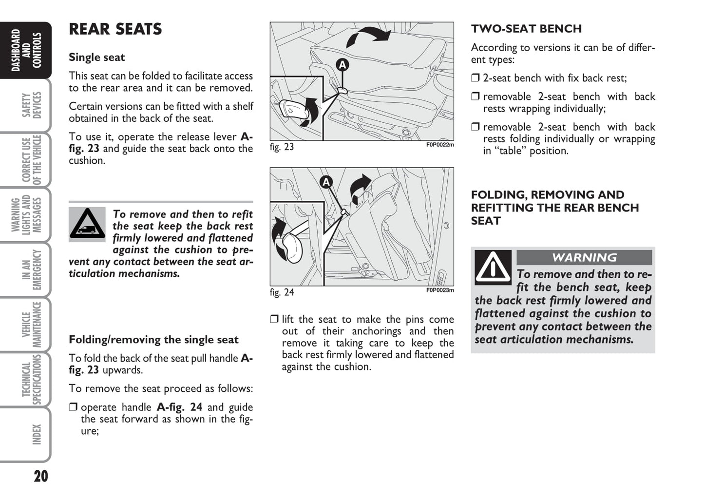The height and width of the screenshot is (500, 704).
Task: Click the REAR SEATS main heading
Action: click(115, 29)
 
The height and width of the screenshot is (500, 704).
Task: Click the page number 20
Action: click(41, 476)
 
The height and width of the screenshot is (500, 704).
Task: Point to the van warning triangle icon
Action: click(87, 224)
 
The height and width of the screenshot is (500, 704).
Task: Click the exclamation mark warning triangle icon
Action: click(493, 268)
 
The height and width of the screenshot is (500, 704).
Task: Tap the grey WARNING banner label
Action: click(584, 257)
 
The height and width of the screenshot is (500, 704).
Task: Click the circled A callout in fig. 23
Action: click(342, 64)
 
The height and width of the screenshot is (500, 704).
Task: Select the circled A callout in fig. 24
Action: click(326, 182)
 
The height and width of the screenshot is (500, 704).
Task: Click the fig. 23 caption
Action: click(282, 147)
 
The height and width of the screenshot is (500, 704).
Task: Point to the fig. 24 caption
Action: click(282, 292)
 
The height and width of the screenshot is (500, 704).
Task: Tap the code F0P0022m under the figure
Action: click(440, 145)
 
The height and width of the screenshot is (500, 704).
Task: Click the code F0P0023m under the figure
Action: click(440, 290)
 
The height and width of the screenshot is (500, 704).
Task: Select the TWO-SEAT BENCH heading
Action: click(526, 29)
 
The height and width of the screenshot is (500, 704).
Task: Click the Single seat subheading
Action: click(96, 58)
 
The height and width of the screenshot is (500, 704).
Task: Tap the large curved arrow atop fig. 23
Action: click(369, 37)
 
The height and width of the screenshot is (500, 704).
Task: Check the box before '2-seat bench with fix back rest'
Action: click(476, 78)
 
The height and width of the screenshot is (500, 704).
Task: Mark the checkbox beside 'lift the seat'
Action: click(274, 320)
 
